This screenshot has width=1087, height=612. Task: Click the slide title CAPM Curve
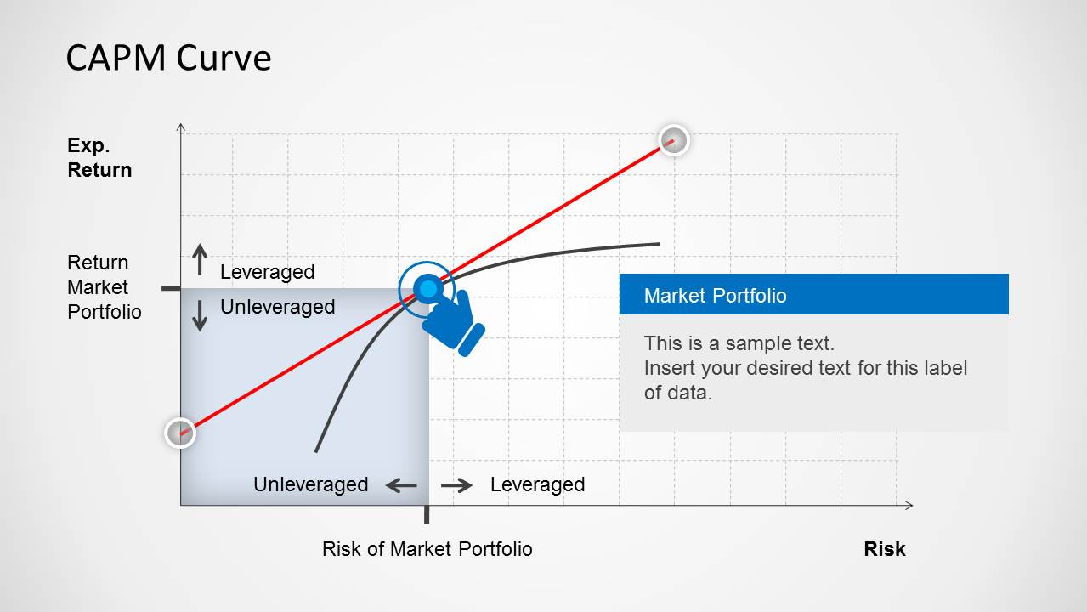168,58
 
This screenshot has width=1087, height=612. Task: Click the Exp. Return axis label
99,158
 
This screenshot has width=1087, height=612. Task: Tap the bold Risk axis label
884,549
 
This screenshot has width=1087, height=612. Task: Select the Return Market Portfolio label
104,287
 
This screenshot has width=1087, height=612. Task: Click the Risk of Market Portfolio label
427,549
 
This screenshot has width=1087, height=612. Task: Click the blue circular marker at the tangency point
427,289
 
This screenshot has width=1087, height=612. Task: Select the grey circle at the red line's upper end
673,140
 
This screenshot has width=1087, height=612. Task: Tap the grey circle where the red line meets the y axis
180,433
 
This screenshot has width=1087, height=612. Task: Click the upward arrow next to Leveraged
200,260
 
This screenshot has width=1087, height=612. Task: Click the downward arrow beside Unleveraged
200,315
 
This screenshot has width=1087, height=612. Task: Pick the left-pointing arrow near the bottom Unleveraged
401,485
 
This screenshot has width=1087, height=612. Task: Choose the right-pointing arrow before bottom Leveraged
456,485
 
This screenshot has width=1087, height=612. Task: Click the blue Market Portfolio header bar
813,295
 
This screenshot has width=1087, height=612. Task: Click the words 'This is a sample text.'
739,343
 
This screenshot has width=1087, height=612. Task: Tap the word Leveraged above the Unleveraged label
267,272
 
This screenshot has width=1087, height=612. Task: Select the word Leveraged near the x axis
537,484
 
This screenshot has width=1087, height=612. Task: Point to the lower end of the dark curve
316,450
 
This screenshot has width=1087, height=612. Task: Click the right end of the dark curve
657,245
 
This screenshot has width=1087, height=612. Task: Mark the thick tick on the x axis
427,514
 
